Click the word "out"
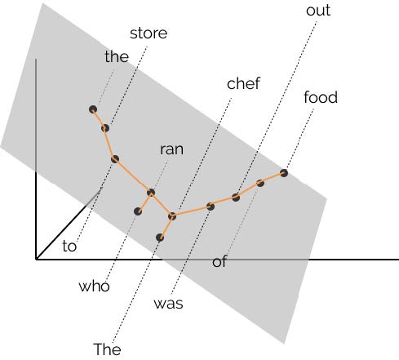click(318, 11)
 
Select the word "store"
click(149, 33)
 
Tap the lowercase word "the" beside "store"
click(117, 56)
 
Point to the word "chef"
click(243, 83)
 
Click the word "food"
click(321, 97)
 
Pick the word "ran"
click(171, 149)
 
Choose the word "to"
click(69, 246)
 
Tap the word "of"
click(219, 261)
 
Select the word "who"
click(94, 287)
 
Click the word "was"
click(168, 304)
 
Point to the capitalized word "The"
click(107, 349)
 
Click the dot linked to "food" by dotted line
click(284, 173)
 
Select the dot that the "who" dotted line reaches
click(138, 211)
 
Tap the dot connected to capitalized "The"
click(160, 238)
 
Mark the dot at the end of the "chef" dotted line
click(172, 216)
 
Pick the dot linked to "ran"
click(151, 193)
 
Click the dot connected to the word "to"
click(115, 159)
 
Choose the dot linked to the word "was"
click(211, 207)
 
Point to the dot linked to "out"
click(236, 198)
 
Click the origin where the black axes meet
click(36, 260)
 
